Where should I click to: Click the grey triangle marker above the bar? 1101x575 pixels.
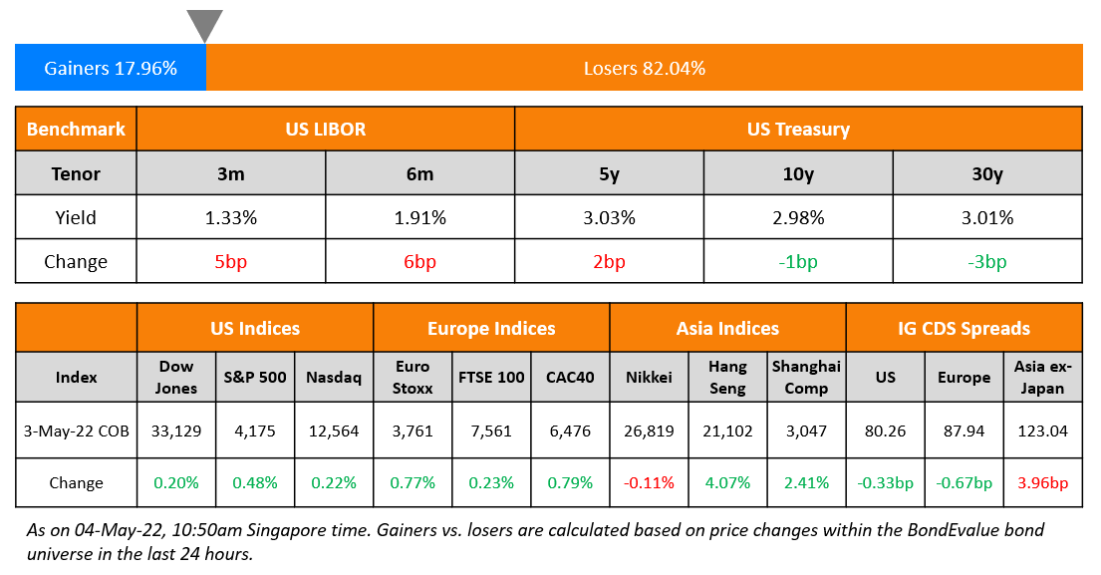click(204, 24)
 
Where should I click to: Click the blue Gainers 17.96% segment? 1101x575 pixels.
click(111, 68)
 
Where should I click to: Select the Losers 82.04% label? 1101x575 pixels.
click(644, 68)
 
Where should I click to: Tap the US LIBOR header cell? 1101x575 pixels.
click(325, 129)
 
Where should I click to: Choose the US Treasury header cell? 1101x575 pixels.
click(798, 129)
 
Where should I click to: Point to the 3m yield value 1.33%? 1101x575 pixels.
click(230, 217)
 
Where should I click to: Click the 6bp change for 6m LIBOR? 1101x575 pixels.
click(419, 262)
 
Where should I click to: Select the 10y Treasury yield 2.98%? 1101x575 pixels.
click(798, 217)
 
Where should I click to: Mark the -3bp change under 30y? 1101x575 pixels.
click(987, 262)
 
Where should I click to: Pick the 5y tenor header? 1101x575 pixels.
click(609, 173)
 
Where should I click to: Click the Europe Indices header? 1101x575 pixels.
click(491, 328)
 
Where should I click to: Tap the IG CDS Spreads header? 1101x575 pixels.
click(963, 328)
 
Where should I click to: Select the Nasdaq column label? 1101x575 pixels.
click(334, 377)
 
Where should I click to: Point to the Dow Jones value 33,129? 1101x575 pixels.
click(175, 431)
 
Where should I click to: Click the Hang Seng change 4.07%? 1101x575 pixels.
click(727, 483)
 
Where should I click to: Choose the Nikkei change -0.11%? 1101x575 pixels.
click(649, 483)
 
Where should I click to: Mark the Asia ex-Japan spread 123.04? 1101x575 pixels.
click(1043, 431)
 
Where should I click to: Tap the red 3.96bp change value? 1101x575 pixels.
click(1043, 483)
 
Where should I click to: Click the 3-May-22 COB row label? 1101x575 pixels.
click(76, 431)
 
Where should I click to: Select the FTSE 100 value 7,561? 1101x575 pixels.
click(491, 431)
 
